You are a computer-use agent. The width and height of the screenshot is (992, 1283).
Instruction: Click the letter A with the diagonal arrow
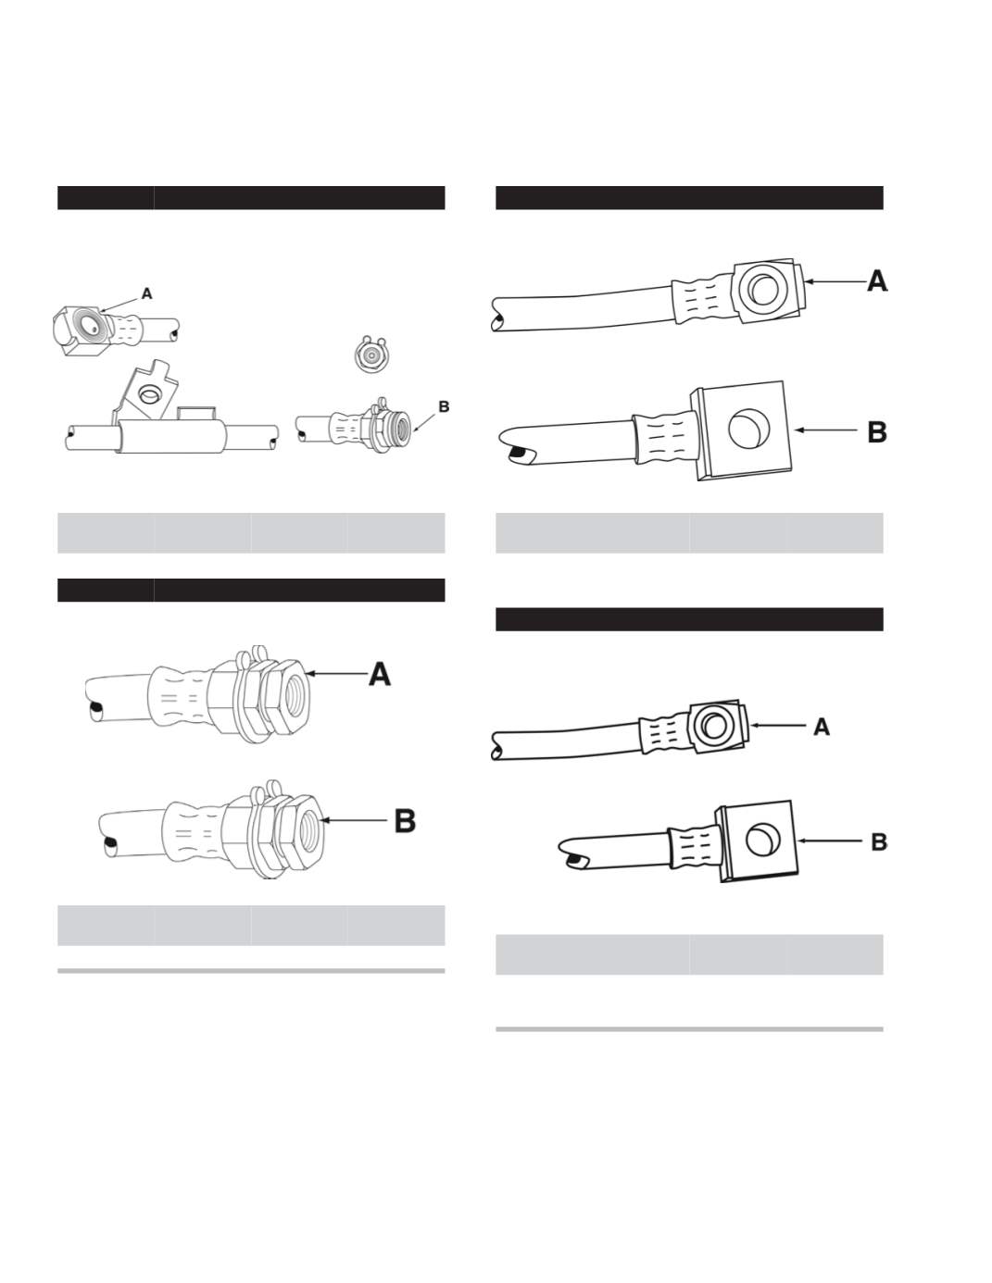coord(147,293)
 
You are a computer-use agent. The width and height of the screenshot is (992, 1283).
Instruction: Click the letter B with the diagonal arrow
coord(444,406)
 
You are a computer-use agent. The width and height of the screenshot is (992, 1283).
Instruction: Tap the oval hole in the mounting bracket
coord(146,393)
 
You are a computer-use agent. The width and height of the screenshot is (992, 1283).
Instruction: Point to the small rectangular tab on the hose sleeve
coord(195,412)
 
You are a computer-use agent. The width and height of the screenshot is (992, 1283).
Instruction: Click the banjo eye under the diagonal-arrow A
coord(91,326)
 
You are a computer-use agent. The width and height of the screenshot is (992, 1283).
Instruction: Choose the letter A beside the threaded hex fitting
coord(380,674)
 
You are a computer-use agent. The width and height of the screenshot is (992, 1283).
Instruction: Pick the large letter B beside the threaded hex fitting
coord(405,821)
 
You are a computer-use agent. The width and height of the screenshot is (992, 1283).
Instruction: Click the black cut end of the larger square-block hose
coord(519,453)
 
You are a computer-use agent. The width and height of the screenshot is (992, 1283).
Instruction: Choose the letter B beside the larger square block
coord(877,431)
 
